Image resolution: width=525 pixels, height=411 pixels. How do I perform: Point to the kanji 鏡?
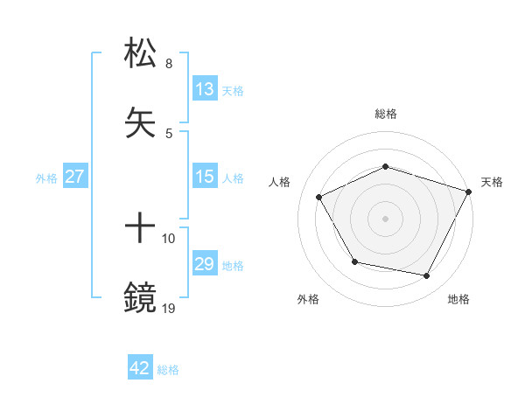142,298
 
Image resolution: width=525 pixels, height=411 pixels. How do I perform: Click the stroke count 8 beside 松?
169,64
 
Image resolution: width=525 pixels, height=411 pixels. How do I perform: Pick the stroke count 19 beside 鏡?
169,308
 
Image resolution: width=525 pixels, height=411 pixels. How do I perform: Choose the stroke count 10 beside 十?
169,238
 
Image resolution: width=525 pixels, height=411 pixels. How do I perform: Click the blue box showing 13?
205,89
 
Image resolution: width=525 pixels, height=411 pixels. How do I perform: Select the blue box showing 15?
205,177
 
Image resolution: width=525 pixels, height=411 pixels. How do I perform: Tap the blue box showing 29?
205,264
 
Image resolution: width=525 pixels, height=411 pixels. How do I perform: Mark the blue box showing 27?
75,177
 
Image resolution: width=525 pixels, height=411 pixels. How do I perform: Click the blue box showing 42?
140,368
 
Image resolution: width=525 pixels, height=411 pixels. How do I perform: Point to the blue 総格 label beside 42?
168,370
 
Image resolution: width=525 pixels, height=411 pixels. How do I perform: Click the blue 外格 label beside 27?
46,178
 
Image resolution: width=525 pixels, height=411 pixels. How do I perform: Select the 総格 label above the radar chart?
386,114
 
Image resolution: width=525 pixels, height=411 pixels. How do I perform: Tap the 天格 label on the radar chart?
493,182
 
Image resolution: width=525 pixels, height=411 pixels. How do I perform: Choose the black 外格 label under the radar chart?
308,299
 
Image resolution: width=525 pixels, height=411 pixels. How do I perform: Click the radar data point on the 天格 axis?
470,191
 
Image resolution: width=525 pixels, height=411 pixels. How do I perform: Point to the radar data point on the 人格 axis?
319,197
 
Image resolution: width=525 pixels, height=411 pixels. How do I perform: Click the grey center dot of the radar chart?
386,218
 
